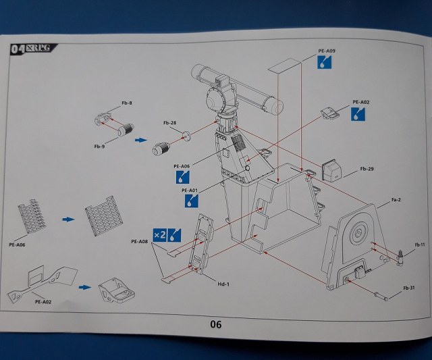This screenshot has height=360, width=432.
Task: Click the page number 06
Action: [x=215, y=324]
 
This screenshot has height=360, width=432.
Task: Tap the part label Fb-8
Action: [x=127, y=103]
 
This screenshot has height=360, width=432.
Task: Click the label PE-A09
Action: [x=326, y=51]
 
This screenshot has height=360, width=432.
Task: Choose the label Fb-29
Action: [x=367, y=168]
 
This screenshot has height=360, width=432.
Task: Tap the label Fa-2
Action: [x=397, y=201]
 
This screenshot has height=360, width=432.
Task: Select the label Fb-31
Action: [x=409, y=289]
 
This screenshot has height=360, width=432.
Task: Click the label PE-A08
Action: [x=140, y=242]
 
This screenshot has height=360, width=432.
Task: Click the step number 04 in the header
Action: [x=19, y=49]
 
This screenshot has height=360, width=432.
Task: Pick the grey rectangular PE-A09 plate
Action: [x=283, y=68]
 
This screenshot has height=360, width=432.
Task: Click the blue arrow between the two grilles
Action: [x=69, y=220]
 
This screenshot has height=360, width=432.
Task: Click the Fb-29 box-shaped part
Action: [x=332, y=170]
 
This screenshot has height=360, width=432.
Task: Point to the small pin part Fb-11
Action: [x=403, y=255]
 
